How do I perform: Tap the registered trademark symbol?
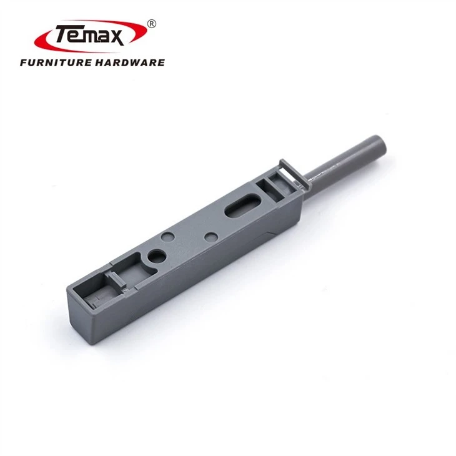point(152,24)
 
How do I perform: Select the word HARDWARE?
point(131,62)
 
